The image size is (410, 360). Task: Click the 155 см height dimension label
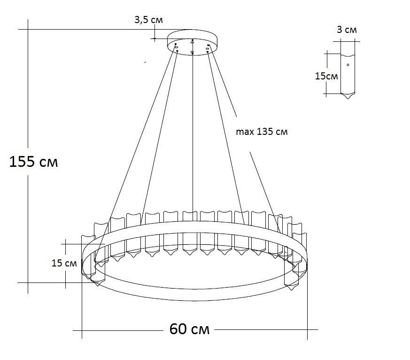(x=34, y=162)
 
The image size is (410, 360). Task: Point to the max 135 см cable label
(x=262, y=132)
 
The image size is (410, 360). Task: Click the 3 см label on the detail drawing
(x=347, y=30)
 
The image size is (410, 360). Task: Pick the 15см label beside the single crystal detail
(x=326, y=76)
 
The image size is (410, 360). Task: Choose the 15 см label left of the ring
(x=64, y=263)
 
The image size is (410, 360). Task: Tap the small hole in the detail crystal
(x=348, y=64)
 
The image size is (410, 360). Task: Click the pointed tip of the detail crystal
(x=348, y=98)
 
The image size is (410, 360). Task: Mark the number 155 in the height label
(x=23, y=162)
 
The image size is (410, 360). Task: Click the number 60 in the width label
(x=178, y=329)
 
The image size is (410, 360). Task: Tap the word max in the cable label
(x=244, y=132)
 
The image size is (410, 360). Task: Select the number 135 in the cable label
(x=264, y=132)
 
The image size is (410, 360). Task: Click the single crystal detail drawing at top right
(x=348, y=70)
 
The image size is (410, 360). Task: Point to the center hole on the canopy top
(x=193, y=42)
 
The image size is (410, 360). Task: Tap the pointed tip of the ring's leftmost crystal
(x=97, y=284)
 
